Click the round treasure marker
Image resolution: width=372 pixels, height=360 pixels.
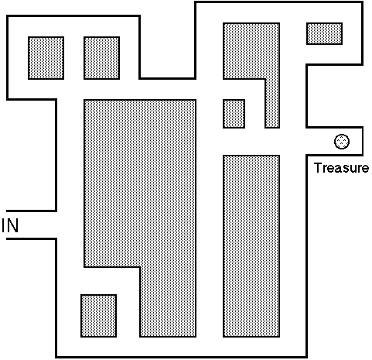click(342, 142)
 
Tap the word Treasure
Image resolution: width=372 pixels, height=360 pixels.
click(341, 168)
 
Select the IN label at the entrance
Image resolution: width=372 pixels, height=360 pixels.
click(10, 225)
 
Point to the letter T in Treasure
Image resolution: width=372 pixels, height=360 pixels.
click(318, 168)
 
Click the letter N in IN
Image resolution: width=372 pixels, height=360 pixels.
click(13, 225)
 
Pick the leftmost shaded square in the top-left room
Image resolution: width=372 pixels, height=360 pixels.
click(46, 58)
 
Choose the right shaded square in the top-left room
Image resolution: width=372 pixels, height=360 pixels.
click(101, 58)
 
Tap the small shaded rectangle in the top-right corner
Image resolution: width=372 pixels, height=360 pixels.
click(324, 33)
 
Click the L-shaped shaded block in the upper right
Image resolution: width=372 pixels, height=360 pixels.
click(251, 51)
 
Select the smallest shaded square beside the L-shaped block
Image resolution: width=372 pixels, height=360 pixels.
click(234, 114)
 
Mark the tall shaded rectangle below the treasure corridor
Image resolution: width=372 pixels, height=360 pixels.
click(251, 246)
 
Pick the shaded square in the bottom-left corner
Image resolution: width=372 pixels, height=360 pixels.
click(98, 316)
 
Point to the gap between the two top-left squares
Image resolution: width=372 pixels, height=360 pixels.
click(73, 58)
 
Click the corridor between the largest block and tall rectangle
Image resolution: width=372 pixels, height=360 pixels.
click(210, 246)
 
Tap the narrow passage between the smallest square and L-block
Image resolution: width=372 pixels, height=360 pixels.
click(255, 114)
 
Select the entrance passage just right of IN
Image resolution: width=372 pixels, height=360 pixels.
click(31, 225)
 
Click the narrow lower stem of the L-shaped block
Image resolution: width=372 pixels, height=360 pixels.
click(272, 103)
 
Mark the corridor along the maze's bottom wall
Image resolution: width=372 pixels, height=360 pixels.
click(181, 347)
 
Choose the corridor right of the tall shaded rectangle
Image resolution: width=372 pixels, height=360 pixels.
click(293, 246)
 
